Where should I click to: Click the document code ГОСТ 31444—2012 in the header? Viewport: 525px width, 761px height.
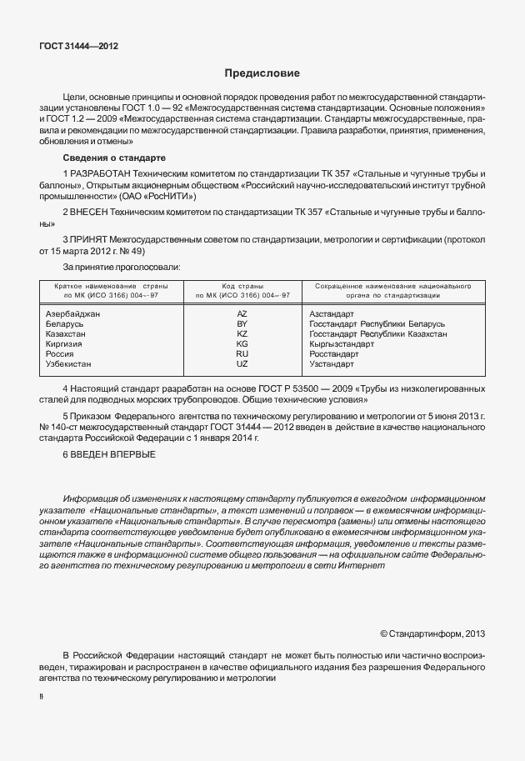[x=78, y=47]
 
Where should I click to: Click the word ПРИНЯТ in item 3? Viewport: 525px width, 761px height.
[x=91, y=239]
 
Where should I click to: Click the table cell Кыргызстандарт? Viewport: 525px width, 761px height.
[x=342, y=343]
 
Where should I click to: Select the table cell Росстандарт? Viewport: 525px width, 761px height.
[x=333, y=353]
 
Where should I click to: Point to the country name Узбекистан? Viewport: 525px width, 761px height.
[x=68, y=364]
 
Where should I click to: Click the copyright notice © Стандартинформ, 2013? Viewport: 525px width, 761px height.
[x=432, y=633]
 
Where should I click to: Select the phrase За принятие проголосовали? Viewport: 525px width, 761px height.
[x=122, y=267]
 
